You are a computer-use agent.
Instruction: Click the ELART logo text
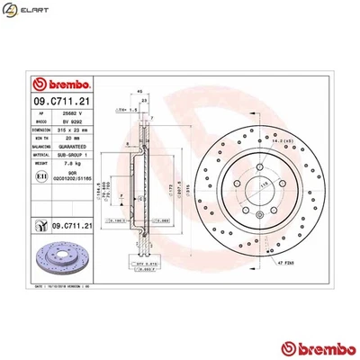(31, 13)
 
